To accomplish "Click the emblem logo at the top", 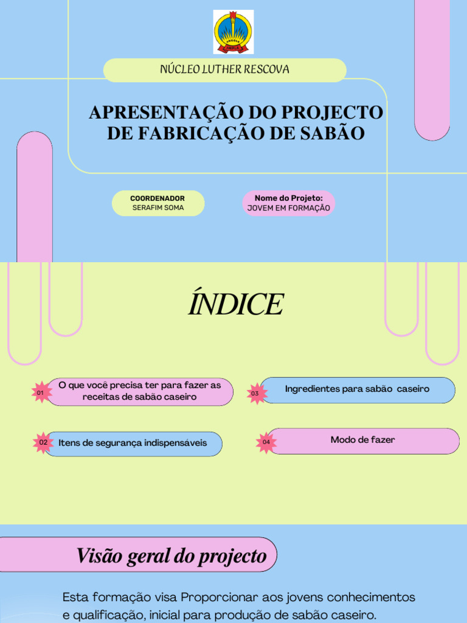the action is (x=233, y=32).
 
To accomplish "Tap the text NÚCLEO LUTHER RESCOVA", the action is (x=224, y=69).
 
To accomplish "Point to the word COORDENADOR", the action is (x=157, y=198).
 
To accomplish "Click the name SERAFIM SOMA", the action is (x=157, y=208).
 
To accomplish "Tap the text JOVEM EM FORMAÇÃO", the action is (x=289, y=208).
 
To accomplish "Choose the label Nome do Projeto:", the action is (x=289, y=198).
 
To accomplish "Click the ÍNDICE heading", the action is (x=235, y=304).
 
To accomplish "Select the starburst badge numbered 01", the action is (x=41, y=393).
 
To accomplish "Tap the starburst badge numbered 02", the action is (x=43, y=443).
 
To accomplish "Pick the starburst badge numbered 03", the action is (x=255, y=394).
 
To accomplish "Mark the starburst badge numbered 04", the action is (x=266, y=442).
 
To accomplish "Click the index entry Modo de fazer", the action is (x=362, y=440).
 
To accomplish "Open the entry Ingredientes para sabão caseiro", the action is (x=357, y=389).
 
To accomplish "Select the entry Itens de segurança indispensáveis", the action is (x=133, y=443).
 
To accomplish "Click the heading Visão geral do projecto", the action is (x=171, y=555).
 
